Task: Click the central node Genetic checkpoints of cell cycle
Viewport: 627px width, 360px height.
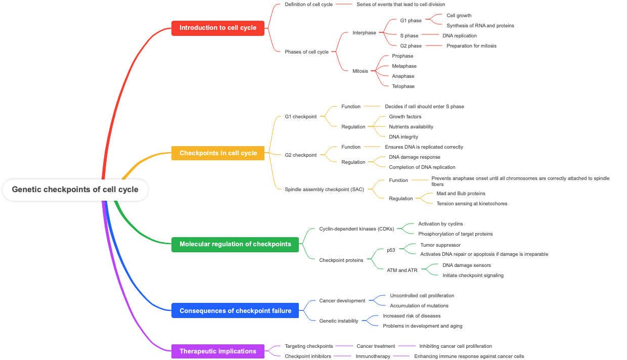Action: [75, 190]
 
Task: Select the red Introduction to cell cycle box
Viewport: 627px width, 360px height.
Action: [217, 28]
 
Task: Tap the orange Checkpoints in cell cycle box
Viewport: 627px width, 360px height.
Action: [218, 153]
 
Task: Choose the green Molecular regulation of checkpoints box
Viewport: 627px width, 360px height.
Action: [235, 244]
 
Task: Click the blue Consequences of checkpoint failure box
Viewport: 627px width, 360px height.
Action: [235, 311]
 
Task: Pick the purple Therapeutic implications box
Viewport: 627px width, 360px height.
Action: [217, 351]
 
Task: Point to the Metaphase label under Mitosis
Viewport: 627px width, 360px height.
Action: [404, 66]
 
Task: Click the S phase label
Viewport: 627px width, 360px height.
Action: [409, 36]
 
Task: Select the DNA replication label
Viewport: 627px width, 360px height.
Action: [459, 36]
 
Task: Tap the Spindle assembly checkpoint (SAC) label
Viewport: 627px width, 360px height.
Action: [324, 190]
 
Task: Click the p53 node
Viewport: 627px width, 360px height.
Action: [391, 250]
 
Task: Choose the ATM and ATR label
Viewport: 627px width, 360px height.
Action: [402, 271]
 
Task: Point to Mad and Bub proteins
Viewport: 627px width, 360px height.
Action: [461, 194]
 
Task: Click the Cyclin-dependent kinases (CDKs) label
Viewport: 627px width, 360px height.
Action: [356, 229]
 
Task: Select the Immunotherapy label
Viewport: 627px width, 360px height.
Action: [373, 356]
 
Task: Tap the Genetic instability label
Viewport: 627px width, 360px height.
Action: [338, 321]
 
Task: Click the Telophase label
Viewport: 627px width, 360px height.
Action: [403, 86]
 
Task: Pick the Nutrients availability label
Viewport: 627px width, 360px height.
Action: [411, 127]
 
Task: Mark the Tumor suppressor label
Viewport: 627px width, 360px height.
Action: [440, 245]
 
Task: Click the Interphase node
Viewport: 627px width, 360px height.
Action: [364, 33]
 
